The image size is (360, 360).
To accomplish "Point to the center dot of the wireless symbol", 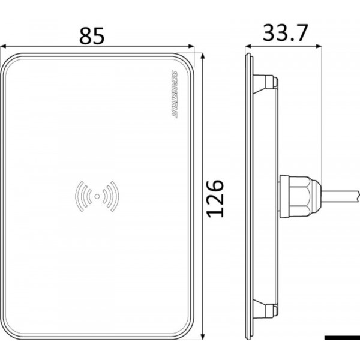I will [x=97, y=195].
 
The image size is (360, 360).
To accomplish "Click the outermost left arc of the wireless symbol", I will [x=77, y=195].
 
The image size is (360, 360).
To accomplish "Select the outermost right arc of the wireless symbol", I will [x=117, y=195].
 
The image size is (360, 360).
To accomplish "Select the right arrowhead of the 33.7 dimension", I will [x=320, y=47].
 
